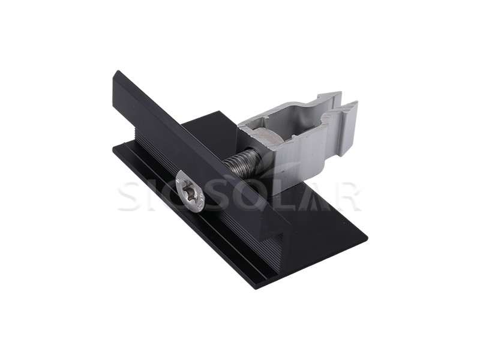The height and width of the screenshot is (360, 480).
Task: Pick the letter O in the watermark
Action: pyautogui.click(x=251, y=196)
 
